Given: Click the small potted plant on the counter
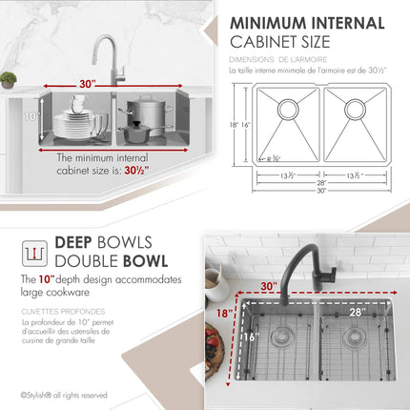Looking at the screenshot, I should click(x=9, y=80).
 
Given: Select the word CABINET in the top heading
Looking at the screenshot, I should click(x=270, y=41).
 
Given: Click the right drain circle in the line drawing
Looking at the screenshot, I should click(x=355, y=109).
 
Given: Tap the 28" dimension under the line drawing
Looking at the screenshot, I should click(x=321, y=182).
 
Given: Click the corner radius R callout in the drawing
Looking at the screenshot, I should click(x=274, y=159).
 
